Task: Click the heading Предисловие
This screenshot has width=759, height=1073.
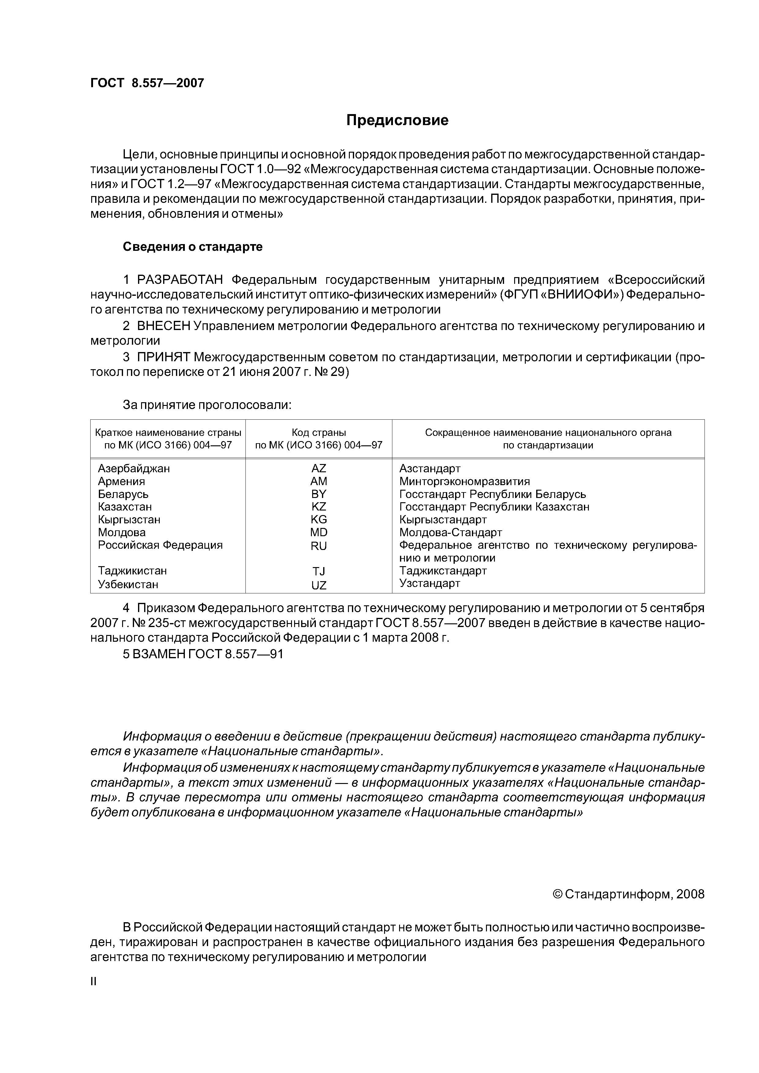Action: click(x=397, y=121)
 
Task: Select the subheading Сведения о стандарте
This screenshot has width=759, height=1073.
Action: click(x=193, y=247)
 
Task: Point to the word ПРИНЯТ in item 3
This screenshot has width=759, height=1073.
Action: click(x=164, y=358)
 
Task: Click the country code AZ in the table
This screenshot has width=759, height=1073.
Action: click(x=319, y=469)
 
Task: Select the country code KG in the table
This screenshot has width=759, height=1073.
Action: click(x=319, y=520)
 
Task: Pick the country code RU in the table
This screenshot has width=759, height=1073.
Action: click(x=319, y=546)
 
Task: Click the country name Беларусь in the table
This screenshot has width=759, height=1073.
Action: click(x=123, y=494)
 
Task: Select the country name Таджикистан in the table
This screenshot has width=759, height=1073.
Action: click(x=132, y=571)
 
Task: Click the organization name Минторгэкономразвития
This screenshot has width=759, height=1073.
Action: click(x=464, y=481)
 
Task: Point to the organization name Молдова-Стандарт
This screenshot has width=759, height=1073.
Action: click(x=450, y=532)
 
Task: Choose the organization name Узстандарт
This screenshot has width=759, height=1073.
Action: click(x=430, y=583)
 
